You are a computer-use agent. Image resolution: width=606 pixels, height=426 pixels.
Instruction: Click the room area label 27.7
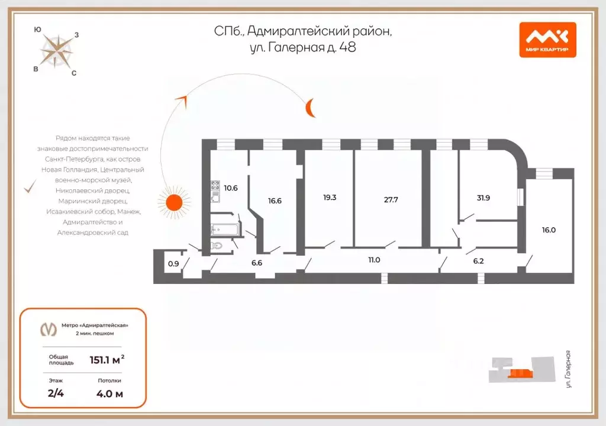391,200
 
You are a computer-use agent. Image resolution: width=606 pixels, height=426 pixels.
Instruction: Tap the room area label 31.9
483,198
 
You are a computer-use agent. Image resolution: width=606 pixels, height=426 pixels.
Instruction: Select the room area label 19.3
330,198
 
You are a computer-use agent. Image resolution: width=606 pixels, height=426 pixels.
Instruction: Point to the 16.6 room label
275,201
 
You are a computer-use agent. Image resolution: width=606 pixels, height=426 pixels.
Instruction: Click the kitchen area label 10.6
231,188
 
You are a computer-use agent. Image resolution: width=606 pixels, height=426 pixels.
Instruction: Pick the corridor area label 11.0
374,260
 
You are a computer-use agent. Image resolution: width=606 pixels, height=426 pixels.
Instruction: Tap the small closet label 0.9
173,264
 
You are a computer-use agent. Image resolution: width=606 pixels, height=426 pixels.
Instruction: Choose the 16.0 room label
549,230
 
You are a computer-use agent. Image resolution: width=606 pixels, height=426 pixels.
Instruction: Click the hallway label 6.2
478,262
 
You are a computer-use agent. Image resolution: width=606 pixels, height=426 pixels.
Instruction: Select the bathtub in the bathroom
225,229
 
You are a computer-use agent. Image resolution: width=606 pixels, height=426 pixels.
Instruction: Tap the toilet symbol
217,245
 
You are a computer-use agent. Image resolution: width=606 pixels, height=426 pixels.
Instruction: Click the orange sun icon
175,202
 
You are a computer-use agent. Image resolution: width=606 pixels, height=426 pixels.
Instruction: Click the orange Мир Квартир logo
547,40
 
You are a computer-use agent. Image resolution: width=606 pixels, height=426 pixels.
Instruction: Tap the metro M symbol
49,330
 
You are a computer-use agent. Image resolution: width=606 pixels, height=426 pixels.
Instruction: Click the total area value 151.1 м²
107,360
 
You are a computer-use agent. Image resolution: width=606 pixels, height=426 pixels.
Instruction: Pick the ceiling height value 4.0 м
109,394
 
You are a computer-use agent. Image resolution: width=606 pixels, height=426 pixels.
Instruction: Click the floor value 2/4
56,393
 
